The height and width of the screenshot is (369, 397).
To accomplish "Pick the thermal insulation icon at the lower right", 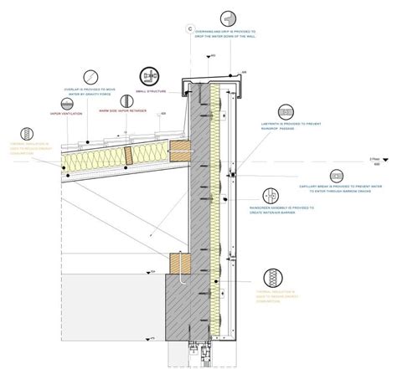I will (x=274, y=278).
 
